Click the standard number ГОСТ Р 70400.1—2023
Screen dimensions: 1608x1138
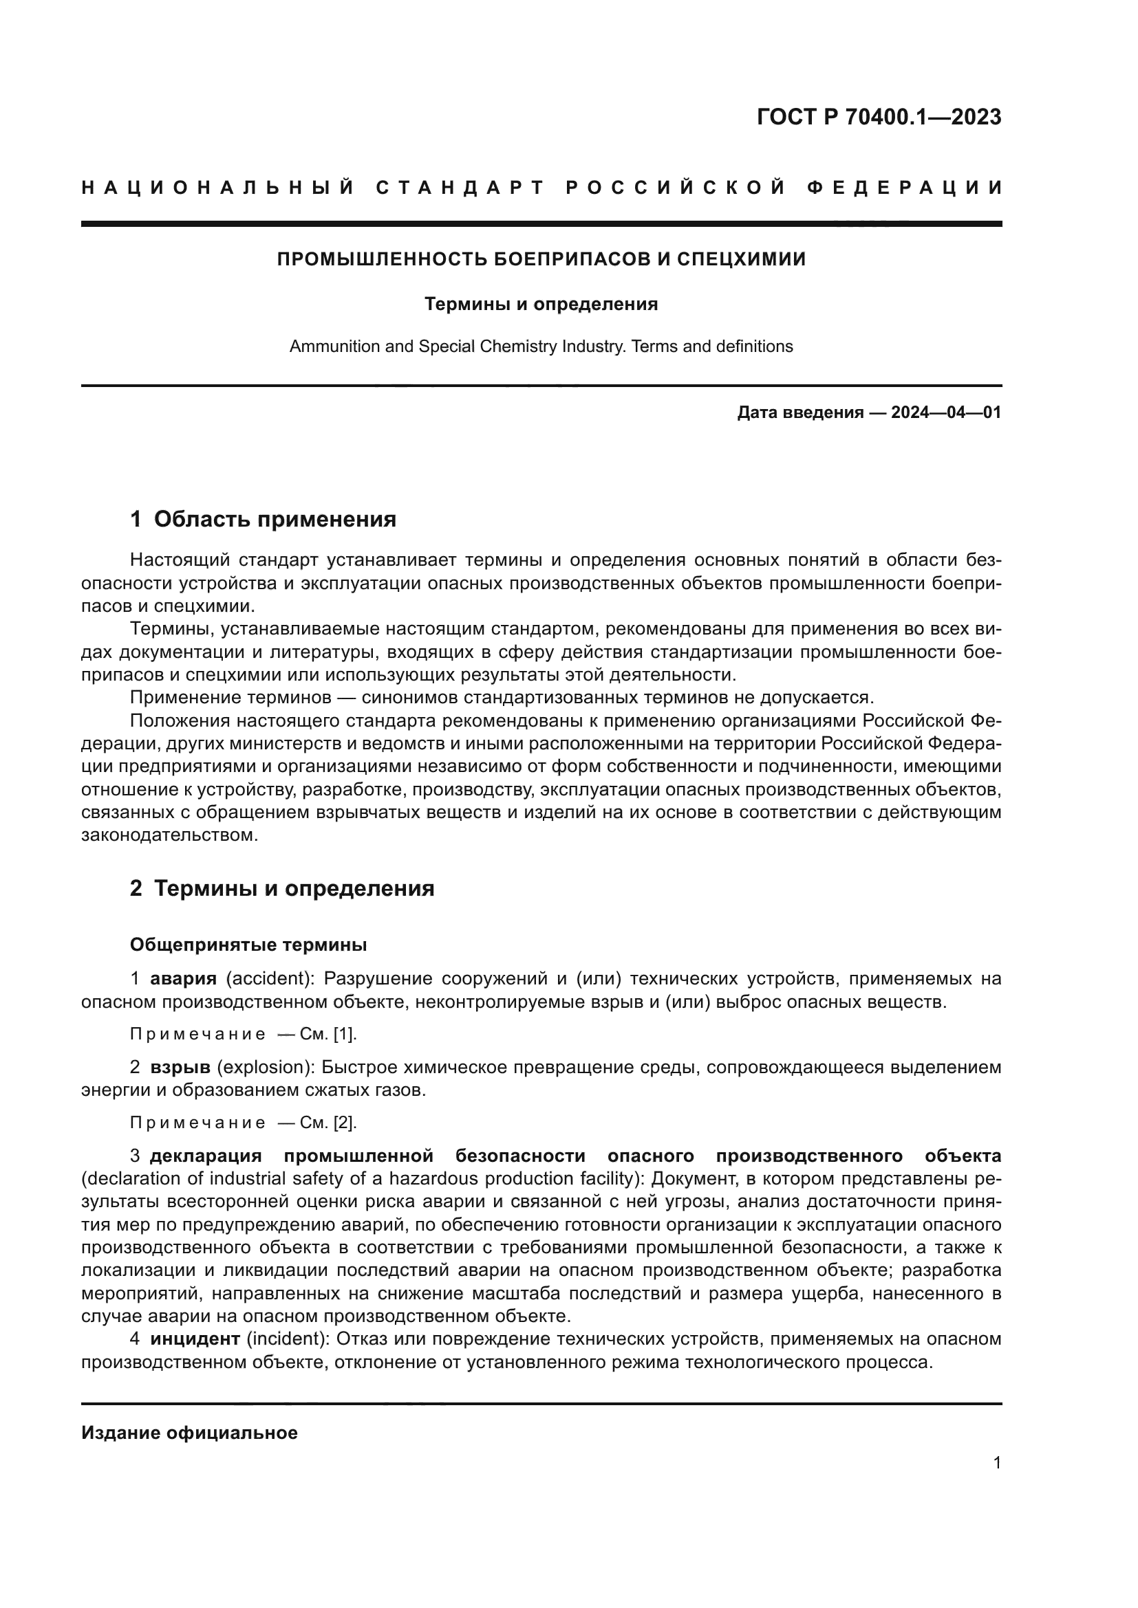tap(879, 117)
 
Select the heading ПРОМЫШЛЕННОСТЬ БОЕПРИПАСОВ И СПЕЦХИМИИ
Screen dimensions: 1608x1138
tap(541, 259)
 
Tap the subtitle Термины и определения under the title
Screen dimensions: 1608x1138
tap(541, 304)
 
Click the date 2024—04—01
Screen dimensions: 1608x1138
tap(946, 412)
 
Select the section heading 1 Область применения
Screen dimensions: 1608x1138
tap(263, 519)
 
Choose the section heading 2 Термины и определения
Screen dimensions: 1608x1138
tap(281, 888)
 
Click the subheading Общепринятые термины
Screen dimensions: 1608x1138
tap(248, 945)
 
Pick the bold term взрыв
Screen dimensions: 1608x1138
tap(180, 1068)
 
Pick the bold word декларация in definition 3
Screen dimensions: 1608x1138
tap(205, 1156)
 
